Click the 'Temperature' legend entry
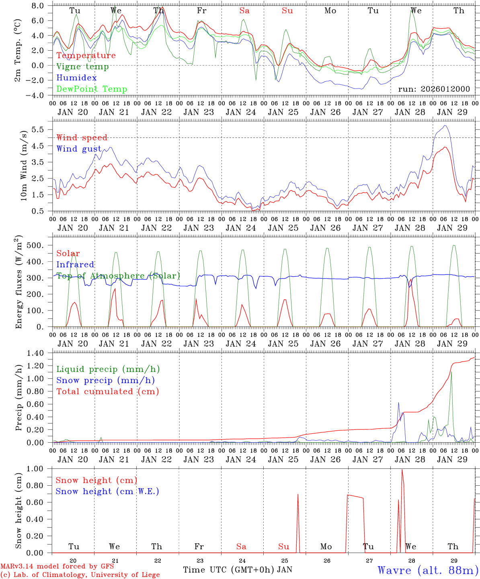click(86, 55)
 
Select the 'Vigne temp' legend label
click(82, 67)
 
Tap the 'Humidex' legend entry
click(76, 78)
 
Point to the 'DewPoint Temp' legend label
click(92, 89)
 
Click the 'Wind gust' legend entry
click(79, 149)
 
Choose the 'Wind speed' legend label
click(82, 138)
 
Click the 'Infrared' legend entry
click(75, 265)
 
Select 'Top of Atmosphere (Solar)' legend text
click(118, 276)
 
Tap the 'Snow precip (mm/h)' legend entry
click(105, 380)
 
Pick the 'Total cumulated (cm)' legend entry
click(108, 392)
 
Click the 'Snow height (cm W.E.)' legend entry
click(107, 491)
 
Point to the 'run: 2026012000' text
click(434, 89)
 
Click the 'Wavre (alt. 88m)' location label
click(428, 570)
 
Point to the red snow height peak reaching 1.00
click(402, 470)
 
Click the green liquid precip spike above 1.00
click(451, 372)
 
